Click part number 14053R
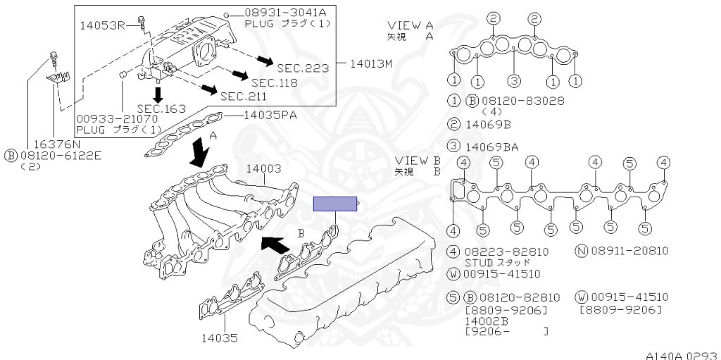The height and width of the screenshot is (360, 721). pyautogui.click(x=102, y=25)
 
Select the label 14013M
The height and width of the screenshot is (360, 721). pyautogui.click(x=370, y=63)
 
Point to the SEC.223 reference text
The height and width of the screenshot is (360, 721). pyautogui.click(x=303, y=68)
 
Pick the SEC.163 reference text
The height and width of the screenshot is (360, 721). pyautogui.click(x=161, y=108)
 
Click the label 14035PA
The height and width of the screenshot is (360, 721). pyautogui.click(x=271, y=115)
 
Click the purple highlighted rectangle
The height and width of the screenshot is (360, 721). pyautogui.click(x=335, y=204)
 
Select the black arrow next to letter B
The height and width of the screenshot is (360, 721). pyautogui.click(x=275, y=244)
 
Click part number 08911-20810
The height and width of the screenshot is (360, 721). pyautogui.click(x=629, y=251)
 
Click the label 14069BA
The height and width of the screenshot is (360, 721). pyautogui.click(x=491, y=147)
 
